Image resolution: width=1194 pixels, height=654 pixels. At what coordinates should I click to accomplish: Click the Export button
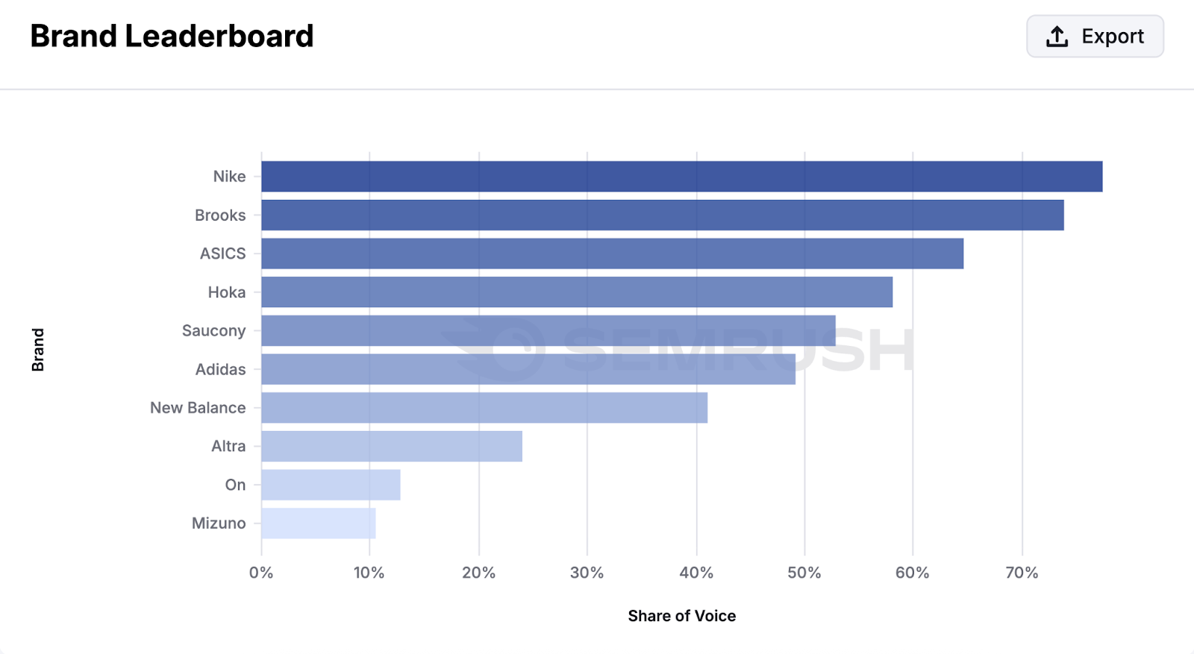(1095, 36)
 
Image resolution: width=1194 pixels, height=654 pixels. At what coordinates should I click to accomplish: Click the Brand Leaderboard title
(172, 36)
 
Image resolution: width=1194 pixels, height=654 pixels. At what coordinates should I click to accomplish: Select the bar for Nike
(681, 177)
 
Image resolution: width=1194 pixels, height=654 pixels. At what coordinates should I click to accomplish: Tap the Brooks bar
(662, 215)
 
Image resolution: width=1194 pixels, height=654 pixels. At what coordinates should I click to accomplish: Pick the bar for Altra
(391, 446)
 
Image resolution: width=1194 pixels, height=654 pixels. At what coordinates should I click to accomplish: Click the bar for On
(331, 485)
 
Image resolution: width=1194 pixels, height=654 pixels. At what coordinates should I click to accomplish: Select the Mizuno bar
(318, 523)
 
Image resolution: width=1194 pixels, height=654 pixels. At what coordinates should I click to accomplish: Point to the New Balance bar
(484, 408)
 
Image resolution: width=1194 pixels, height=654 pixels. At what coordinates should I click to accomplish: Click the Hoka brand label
(226, 292)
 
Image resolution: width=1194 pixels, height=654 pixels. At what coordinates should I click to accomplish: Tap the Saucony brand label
(213, 330)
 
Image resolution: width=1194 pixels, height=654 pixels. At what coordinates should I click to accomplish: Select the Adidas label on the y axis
(220, 369)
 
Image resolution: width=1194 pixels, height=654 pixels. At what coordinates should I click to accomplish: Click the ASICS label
(222, 254)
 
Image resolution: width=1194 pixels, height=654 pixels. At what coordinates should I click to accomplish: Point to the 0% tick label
(261, 573)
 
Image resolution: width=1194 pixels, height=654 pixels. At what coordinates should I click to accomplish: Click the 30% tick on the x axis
(587, 573)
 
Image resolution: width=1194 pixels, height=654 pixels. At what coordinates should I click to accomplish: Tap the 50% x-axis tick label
(804, 573)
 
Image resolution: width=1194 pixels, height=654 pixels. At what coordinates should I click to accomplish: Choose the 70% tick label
(1022, 573)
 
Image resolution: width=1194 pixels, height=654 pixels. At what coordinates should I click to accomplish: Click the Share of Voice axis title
(681, 616)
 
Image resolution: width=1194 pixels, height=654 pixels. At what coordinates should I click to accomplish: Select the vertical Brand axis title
(38, 350)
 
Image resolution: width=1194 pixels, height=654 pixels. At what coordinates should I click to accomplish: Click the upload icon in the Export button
(1057, 36)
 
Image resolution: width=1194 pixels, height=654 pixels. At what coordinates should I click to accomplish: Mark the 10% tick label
(369, 573)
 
